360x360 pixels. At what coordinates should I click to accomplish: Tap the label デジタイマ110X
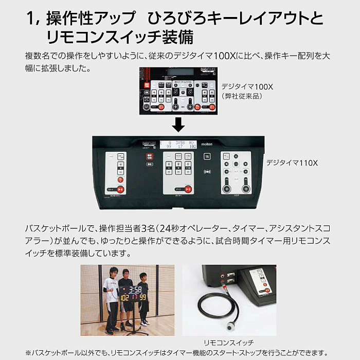tap(292, 163)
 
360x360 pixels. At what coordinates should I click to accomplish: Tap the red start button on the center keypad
tap(188, 189)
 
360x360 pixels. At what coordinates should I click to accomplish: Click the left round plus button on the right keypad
tap(226, 189)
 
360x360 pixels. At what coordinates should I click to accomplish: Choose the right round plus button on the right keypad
tap(246, 189)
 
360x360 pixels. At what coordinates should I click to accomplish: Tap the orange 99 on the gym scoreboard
tap(141, 298)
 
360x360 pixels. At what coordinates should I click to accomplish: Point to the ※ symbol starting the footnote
tap(28, 353)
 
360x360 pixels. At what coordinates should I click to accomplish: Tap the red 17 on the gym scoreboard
tap(133, 298)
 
